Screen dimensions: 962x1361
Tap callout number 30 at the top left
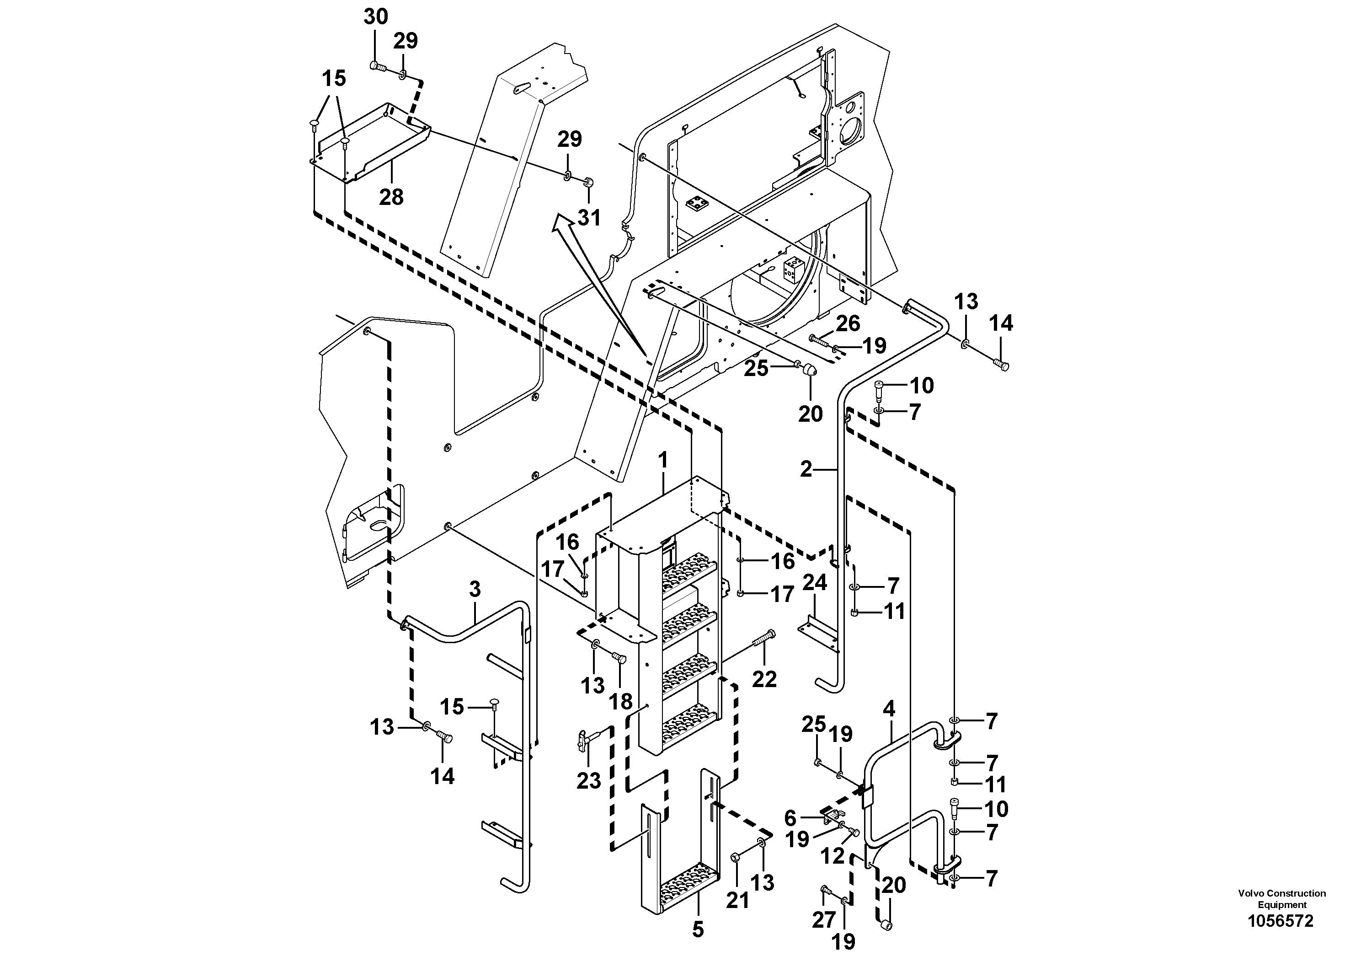[375, 16]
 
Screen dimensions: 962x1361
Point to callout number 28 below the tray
[391, 196]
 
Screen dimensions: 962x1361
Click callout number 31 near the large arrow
[589, 218]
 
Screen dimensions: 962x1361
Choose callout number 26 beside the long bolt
[848, 323]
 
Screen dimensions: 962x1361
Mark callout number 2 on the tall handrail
[806, 469]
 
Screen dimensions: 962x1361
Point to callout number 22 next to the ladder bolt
[764, 678]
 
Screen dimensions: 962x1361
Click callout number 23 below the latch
[589, 780]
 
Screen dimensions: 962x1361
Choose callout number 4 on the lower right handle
[889, 709]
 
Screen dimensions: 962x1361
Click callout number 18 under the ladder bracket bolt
[621, 702]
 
